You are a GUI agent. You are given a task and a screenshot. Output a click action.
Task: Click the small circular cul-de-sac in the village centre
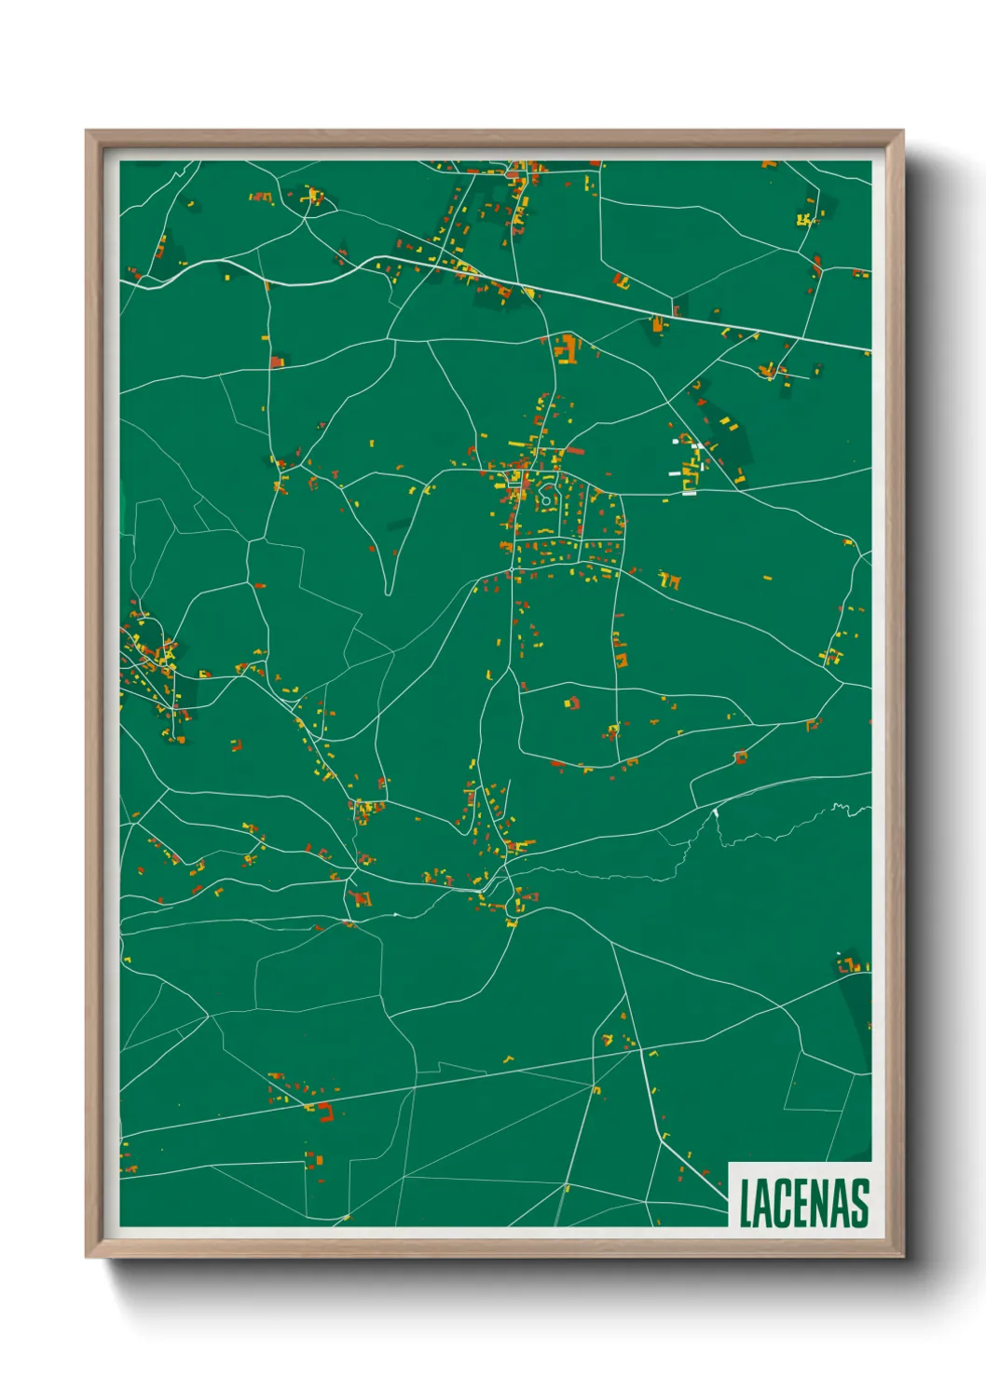click(x=546, y=499)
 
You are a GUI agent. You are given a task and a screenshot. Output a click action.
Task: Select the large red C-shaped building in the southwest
click(x=325, y=1111)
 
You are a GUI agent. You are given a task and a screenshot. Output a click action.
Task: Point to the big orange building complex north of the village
click(x=566, y=348)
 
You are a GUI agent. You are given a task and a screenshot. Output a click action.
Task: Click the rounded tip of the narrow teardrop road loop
click(x=388, y=590)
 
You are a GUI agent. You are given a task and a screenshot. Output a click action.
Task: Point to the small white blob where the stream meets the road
click(x=716, y=812)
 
